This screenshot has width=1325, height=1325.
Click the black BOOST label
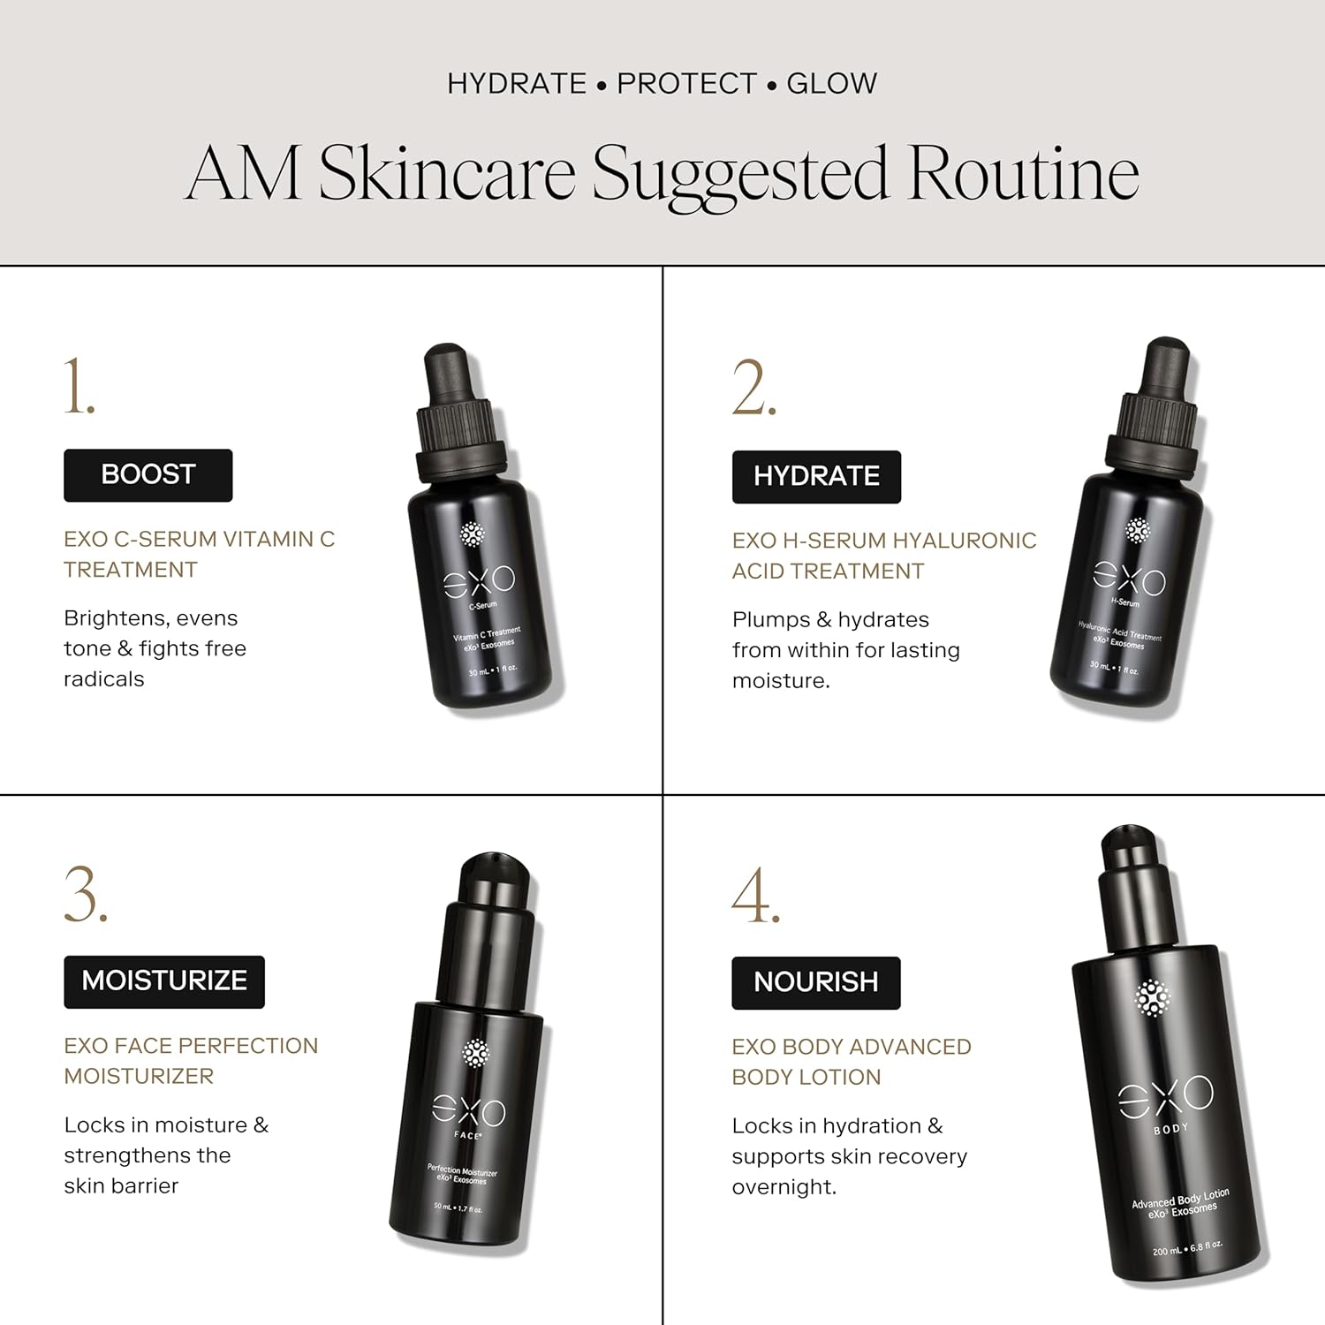[x=148, y=475]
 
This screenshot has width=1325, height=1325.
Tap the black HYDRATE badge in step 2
[x=816, y=477]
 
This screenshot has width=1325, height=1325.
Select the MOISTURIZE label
[x=164, y=981]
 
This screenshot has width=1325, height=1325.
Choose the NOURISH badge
[x=815, y=982]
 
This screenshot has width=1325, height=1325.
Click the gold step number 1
[x=79, y=387]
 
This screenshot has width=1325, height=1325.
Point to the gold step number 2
[x=753, y=389]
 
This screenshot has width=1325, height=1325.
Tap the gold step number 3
[x=86, y=895]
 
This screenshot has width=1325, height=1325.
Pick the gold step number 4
[x=755, y=896]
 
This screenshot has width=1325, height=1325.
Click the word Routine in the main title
[x=1023, y=174]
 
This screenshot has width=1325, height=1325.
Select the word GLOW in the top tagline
[x=831, y=84]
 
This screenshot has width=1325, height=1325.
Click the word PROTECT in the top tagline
[x=686, y=84]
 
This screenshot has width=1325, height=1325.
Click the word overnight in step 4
[x=784, y=1187]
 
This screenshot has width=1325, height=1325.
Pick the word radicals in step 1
[x=103, y=679]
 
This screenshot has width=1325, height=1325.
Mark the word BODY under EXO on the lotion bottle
[x=1171, y=1129]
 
